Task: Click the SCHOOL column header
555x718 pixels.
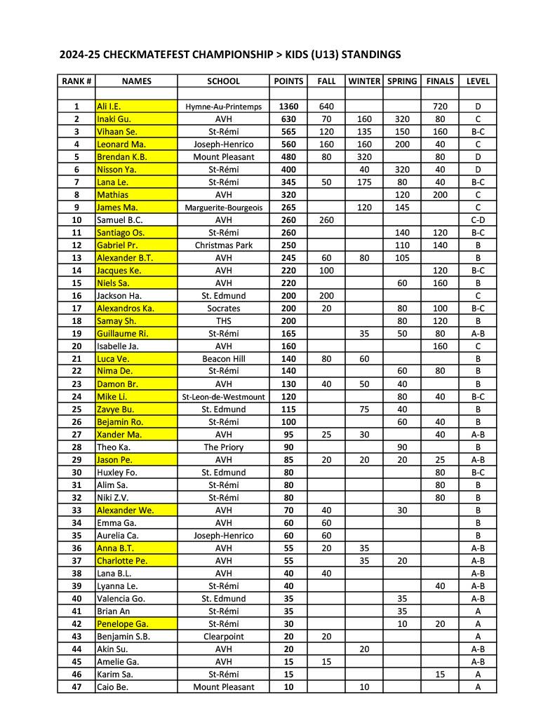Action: [223, 81]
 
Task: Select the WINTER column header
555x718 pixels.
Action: [364, 81]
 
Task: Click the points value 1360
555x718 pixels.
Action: [288, 107]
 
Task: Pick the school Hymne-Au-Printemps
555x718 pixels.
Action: [223, 107]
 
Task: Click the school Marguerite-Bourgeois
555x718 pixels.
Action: [223, 208]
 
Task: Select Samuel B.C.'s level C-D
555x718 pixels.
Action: [477, 220]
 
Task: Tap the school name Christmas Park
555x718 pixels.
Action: [223, 245]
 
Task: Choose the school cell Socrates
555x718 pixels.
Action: [223, 309]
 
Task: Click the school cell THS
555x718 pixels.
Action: [223, 321]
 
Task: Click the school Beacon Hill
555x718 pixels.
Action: [223, 359]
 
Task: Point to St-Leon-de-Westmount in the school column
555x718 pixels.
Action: [223, 397]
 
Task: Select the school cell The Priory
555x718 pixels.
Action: [223, 447]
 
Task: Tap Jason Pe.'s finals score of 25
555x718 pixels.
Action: [439, 460]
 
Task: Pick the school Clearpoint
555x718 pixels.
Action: [223, 637]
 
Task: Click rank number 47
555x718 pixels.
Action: [76, 687]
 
